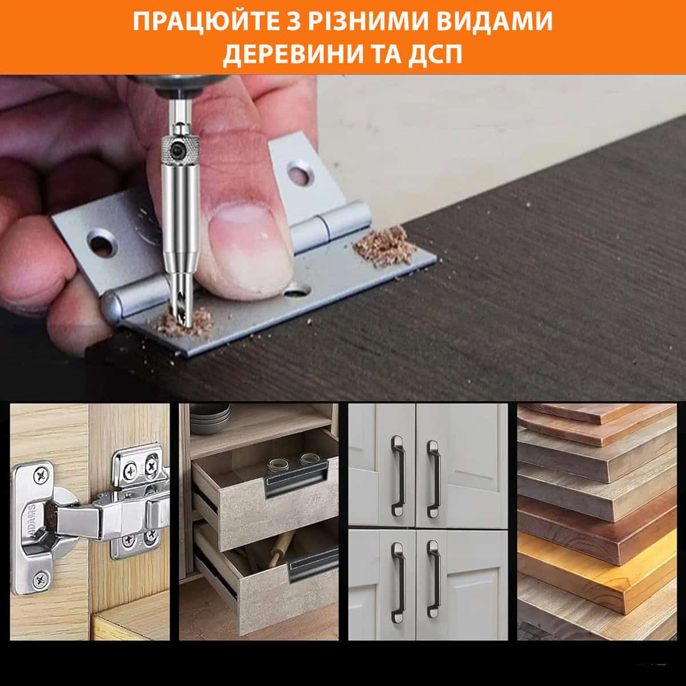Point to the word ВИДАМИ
494,21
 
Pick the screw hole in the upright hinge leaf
299,173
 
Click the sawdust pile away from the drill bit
384,246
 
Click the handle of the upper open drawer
296,477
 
